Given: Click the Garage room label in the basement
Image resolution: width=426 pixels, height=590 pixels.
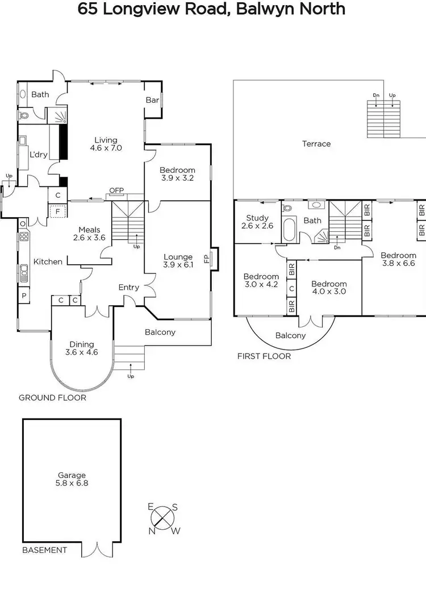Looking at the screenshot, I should (72, 479).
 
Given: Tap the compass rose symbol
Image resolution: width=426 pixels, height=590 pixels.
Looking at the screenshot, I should (164, 518).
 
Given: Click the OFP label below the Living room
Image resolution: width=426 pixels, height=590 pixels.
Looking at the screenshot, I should (116, 190).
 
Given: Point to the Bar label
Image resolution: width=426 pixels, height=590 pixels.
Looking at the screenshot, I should (152, 99).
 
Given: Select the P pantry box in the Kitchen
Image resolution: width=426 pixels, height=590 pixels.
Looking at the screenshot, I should (24, 296).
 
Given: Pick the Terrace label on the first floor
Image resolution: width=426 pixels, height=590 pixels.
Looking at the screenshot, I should (316, 144).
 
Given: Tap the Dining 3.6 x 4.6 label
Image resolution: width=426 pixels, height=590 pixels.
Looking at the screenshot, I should (83, 348).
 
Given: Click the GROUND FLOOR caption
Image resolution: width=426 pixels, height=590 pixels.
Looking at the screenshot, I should (52, 398).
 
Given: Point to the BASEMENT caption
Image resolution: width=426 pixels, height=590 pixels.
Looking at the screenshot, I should (44, 550).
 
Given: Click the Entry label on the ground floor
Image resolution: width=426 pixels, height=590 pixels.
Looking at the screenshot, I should (129, 287).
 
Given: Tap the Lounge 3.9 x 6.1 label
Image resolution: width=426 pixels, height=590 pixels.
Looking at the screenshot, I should (178, 260).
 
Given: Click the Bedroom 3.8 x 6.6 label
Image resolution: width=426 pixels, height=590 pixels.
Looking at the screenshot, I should (398, 259).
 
